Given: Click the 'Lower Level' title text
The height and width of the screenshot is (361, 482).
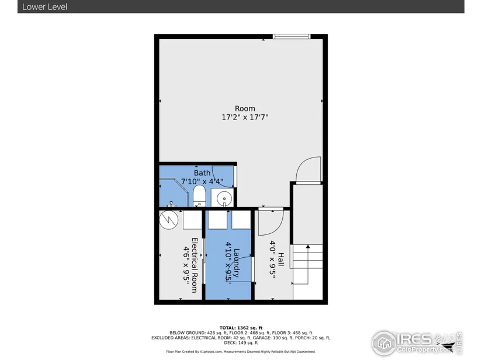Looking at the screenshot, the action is point(44,7).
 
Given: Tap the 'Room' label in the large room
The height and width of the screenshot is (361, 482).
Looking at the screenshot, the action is point(245,108).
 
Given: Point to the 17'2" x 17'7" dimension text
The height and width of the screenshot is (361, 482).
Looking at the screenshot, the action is point(245,117).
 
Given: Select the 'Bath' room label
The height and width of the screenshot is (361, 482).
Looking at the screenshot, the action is point(202,173).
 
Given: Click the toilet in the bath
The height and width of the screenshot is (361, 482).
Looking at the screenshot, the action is point(199,196).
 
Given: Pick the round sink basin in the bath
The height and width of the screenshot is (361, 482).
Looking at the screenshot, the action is point(224,198).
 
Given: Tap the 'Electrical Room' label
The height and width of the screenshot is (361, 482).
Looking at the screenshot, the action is point(195,265).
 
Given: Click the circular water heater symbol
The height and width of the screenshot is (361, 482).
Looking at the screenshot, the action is point(169,219).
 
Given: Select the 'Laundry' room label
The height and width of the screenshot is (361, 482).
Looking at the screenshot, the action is point(237,263).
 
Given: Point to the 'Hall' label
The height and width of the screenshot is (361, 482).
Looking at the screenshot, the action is point(281,260).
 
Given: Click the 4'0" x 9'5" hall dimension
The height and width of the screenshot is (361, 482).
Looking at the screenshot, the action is point(273,260).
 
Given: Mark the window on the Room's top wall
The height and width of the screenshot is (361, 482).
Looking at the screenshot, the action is point(292,37).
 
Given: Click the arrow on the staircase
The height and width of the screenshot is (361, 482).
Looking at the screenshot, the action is point(308,264).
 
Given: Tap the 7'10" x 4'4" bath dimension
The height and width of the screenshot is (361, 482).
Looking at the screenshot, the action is point(202,181).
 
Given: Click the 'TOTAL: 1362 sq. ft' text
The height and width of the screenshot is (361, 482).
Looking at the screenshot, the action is point(241,328).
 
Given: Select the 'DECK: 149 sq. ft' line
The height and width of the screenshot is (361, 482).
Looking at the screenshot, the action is point(241,342).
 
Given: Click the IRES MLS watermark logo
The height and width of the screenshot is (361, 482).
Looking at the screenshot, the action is point(417,343).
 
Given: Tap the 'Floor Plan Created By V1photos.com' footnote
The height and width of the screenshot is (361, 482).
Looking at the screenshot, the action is point(194,352).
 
